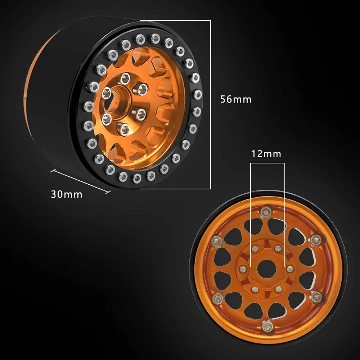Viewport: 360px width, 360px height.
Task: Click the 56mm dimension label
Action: [235, 99]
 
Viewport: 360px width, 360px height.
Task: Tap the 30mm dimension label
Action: [67, 194]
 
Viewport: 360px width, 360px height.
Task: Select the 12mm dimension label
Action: [266, 154]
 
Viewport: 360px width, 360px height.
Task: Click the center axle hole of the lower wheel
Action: [266, 269]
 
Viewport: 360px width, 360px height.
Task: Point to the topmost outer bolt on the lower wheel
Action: [266, 212]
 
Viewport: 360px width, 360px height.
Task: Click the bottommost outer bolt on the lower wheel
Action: [268, 327]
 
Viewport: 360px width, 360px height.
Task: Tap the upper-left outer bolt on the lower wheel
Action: [216, 241]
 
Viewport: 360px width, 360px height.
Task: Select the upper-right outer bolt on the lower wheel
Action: [316, 240]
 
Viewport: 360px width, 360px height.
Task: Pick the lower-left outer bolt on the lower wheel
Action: [217, 299]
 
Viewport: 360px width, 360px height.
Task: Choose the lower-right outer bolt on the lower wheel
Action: [317, 298]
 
